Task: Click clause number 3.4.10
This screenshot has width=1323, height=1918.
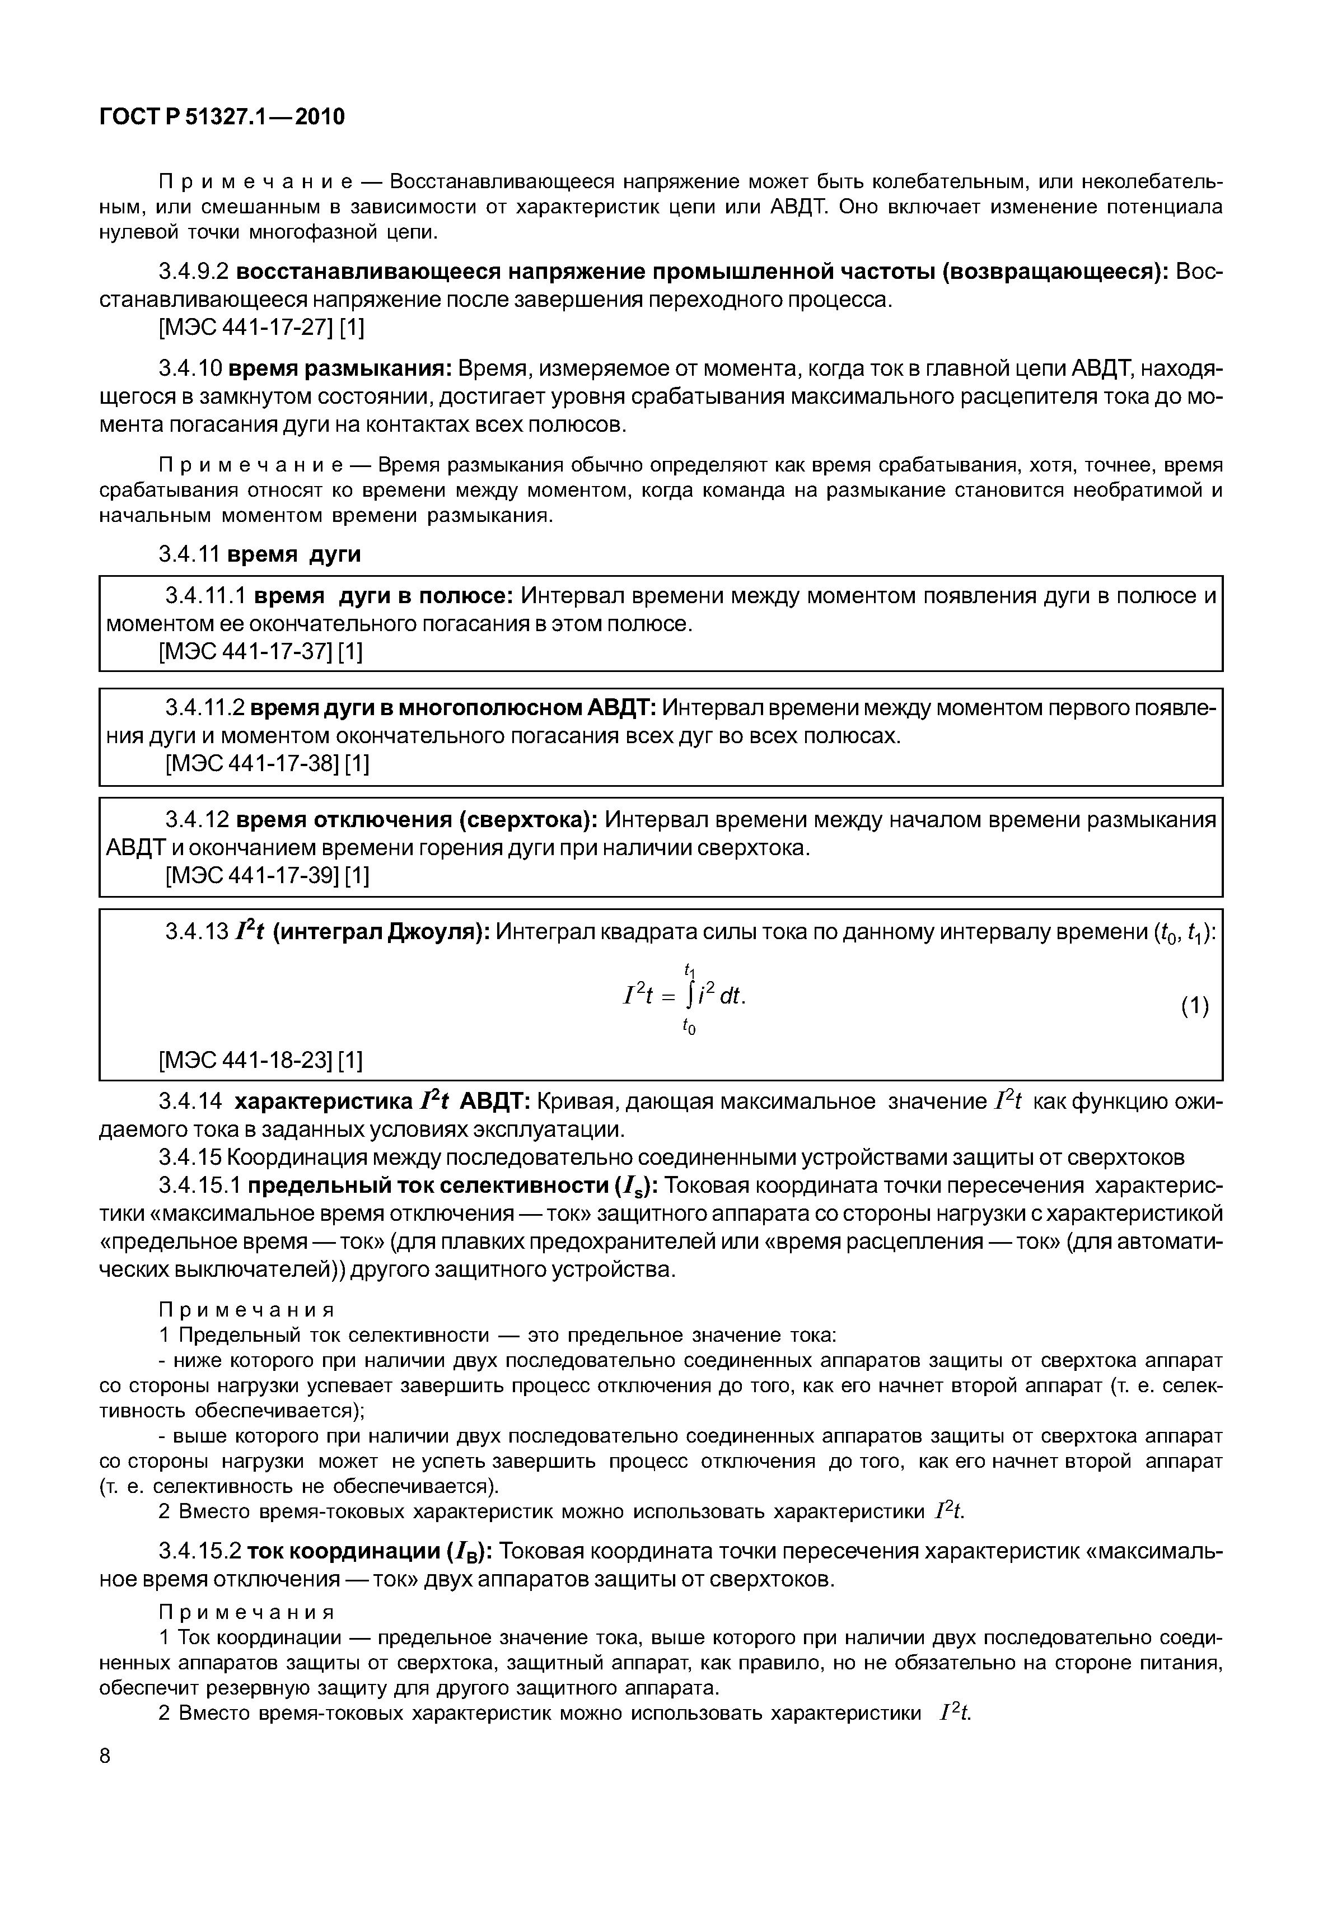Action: click(190, 368)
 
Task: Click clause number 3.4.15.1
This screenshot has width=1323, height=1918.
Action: click(200, 1186)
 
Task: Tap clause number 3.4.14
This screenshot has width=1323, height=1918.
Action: click(190, 1102)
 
